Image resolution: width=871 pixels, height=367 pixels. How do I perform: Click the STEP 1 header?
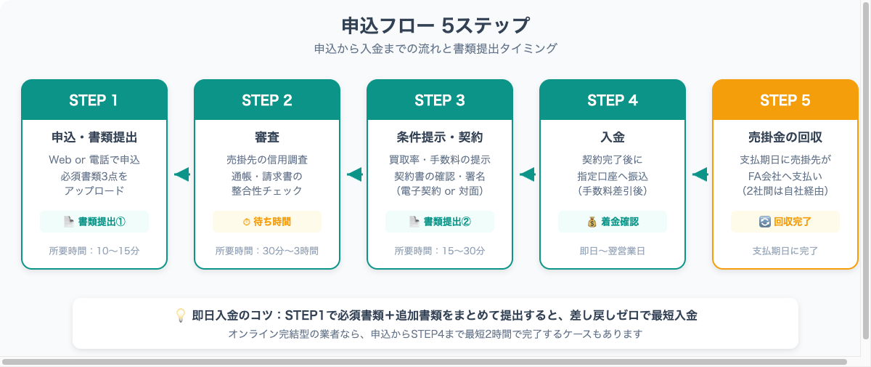(94, 100)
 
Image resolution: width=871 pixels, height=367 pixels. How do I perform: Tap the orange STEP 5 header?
(785, 100)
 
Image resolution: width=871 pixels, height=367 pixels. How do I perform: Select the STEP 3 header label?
(440, 100)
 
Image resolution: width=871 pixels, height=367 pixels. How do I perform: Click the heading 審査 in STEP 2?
(267, 137)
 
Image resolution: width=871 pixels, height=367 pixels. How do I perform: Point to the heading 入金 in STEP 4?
(613, 137)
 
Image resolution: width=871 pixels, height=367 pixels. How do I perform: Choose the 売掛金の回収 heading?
(785, 137)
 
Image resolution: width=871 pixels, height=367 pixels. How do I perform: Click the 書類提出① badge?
(94, 222)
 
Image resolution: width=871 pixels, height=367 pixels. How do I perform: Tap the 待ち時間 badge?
(267, 222)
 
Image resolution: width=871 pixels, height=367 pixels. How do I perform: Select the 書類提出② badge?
(440, 222)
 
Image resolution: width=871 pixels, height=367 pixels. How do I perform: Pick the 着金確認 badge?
(613, 222)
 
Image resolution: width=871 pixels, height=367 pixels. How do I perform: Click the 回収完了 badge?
(785, 222)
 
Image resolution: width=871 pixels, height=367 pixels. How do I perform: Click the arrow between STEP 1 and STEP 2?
(181, 174)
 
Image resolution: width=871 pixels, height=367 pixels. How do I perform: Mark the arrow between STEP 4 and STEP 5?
(700, 174)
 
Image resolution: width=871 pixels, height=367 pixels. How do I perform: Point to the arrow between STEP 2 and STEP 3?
(354, 174)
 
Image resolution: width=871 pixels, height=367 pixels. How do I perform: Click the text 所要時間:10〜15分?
(94, 251)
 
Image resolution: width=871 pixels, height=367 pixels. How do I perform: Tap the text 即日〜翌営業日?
(613, 251)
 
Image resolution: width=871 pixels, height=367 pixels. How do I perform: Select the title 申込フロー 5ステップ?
(435, 25)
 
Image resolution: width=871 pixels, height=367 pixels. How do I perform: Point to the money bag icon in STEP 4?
(592, 222)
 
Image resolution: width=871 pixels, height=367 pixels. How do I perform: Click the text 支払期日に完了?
(785, 251)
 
